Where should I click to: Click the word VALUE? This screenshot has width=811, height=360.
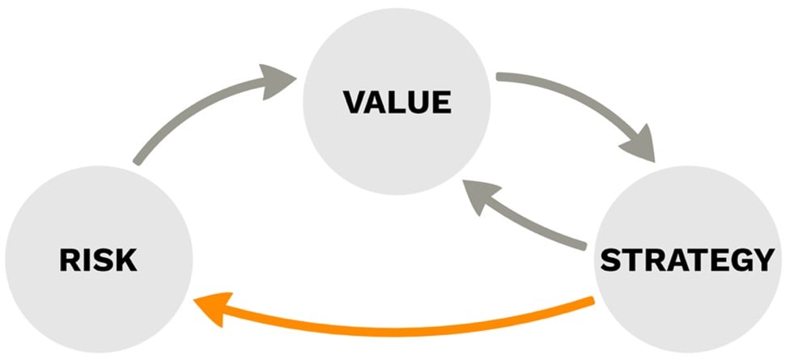tap(397, 104)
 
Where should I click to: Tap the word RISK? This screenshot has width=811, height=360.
tap(98, 261)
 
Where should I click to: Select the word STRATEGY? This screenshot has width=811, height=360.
tap(686, 260)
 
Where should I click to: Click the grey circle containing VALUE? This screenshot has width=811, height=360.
tap(397, 146)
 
